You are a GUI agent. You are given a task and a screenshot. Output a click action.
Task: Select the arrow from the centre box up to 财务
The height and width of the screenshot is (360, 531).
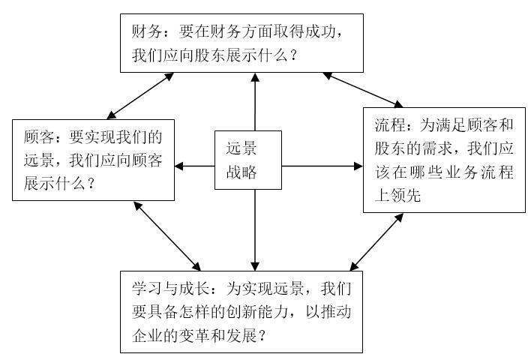[x=255, y=101]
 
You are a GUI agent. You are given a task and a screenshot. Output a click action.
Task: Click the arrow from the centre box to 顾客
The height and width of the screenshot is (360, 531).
[x=196, y=166]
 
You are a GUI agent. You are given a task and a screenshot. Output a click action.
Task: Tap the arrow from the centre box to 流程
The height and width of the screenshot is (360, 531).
[x=322, y=166]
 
